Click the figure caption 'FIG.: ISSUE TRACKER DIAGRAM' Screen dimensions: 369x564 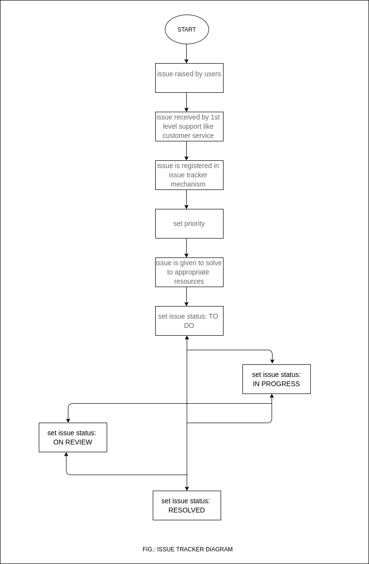[x=187, y=549]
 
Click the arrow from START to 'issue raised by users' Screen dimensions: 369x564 [x=186, y=53]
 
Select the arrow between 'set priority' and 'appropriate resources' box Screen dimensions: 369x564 [x=186, y=248]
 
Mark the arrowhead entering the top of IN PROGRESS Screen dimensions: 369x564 [x=272, y=361]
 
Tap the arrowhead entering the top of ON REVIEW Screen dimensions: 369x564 [x=68, y=420]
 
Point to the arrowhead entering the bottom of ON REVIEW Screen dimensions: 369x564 [x=66, y=455]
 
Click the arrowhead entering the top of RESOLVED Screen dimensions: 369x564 [x=187, y=488]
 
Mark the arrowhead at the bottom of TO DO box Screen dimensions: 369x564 [x=187, y=338]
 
